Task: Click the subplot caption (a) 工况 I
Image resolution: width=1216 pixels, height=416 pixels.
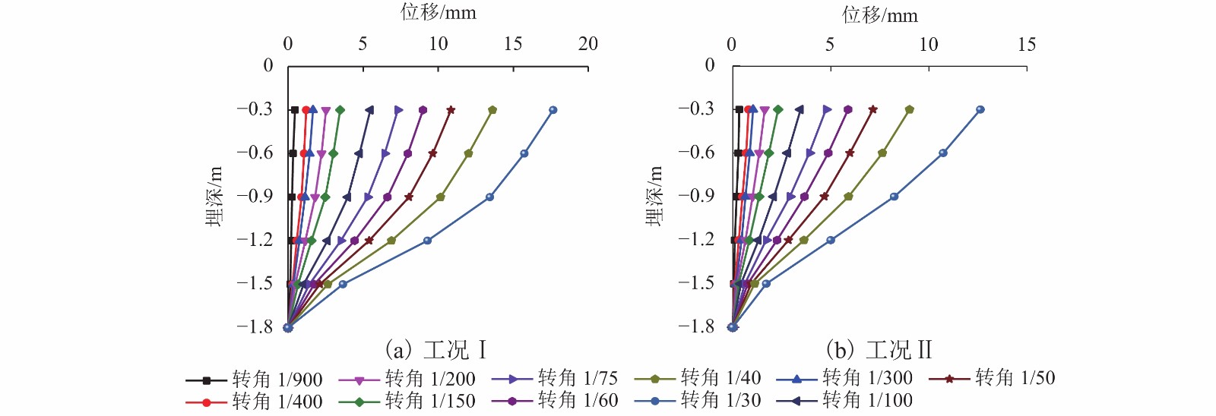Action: coord(435,350)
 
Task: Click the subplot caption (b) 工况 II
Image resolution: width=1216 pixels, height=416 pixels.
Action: coord(879,350)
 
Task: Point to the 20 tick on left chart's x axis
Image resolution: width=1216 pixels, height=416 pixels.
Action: coord(587,44)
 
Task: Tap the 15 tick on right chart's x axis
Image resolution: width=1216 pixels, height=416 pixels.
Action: coord(1026,44)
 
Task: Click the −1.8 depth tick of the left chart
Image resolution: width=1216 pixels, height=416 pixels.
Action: coord(255,327)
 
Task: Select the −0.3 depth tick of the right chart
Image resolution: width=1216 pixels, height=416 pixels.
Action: coord(696,109)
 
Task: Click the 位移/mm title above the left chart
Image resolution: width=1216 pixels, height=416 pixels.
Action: coord(439,12)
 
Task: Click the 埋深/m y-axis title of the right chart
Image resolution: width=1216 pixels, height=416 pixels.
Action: coord(654,196)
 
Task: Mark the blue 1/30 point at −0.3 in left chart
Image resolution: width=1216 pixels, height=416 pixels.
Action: coord(553,110)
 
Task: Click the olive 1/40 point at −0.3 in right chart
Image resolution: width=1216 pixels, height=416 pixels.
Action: coord(910,109)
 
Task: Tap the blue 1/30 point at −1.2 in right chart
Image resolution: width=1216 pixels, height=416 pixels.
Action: coord(831,240)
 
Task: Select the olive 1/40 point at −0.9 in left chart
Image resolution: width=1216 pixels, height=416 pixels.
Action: coord(440,197)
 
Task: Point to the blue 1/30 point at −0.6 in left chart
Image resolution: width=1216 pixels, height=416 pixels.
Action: coord(524,153)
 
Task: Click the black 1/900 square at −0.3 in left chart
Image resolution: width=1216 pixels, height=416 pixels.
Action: coord(295,110)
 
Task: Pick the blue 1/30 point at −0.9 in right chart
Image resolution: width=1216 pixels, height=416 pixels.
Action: coord(894,197)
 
